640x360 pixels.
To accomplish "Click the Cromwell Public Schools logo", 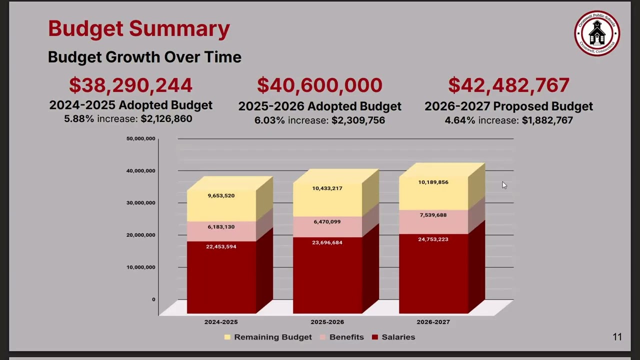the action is (x=597, y=33).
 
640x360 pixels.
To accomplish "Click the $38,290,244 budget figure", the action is (x=131, y=85).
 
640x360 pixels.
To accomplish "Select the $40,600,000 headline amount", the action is (x=319, y=85).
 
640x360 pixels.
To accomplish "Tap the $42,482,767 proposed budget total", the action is (x=508, y=85).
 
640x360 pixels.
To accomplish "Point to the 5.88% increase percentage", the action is (x=79, y=118).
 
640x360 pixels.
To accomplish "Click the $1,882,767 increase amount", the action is (x=547, y=120).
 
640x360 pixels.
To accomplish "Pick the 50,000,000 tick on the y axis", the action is (x=141, y=138).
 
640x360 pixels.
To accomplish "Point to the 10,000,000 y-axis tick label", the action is (x=141, y=267).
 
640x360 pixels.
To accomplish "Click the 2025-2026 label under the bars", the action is (x=327, y=322).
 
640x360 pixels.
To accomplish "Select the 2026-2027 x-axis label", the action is (x=433, y=322).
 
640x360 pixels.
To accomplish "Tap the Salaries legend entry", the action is (x=393, y=337).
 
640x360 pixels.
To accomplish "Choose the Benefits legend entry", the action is (x=341, y=337).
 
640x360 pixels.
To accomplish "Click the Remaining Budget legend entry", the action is (x=268, y=337).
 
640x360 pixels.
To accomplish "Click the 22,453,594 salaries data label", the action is (x=221, y=246).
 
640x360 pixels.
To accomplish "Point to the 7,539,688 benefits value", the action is (x=433, y=215).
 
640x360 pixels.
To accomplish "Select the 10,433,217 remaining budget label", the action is (x=327, y=188).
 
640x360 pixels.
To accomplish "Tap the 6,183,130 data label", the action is (x=221, y=227).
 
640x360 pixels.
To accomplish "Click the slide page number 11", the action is (x=617, y=337).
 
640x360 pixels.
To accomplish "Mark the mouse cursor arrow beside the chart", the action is (x=504, y=185).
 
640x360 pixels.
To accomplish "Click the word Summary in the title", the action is (x=179, y=29).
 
